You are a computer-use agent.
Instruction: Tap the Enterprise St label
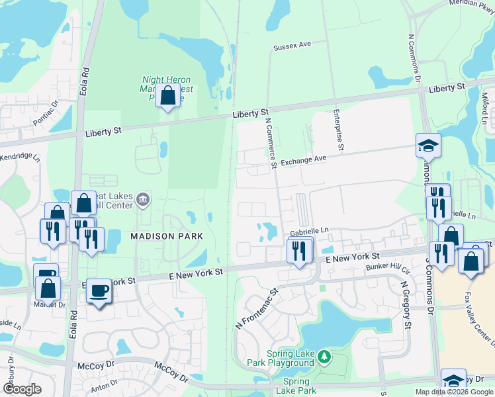[337, 130]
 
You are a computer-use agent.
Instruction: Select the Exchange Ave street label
[304, 160]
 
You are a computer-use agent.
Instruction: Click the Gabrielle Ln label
[309, 230]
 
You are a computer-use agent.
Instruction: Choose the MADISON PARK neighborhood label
[166, 236]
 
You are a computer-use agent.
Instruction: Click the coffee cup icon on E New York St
[99, 290]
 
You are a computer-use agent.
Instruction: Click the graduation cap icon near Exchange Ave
[428, 146]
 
